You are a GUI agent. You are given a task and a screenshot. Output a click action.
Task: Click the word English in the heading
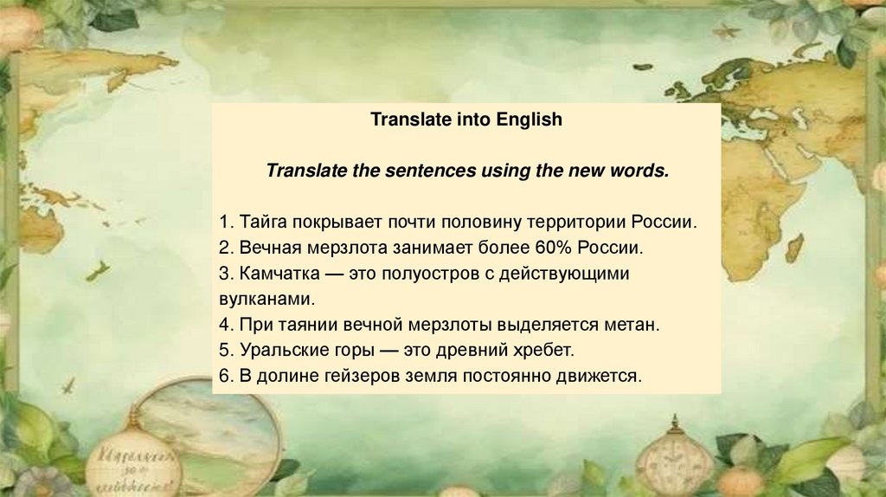coord(529,119)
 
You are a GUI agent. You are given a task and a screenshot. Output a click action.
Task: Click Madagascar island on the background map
coord(794,247)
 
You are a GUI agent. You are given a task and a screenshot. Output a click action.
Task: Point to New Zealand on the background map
coord(97,271)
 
